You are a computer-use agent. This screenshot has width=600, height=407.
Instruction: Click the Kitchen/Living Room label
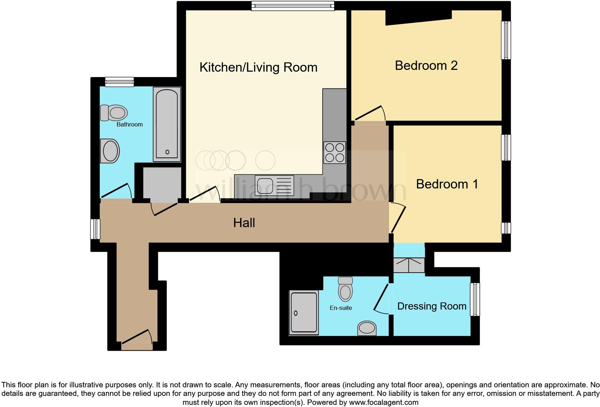click(258, 67)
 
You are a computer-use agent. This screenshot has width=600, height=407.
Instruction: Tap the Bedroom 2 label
click(426, 66)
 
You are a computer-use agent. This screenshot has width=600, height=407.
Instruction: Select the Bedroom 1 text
click(447, 184)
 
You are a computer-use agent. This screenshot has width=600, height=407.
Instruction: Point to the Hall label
click(244, 223)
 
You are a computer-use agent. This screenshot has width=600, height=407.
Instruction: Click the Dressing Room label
click(432, 306)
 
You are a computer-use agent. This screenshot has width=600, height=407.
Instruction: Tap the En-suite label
click(341, 308)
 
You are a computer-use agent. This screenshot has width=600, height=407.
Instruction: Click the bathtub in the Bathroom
click(167, 124)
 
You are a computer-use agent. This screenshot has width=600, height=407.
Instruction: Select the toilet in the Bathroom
click(114, 113)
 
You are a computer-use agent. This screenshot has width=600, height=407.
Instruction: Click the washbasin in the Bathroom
click(110, 151)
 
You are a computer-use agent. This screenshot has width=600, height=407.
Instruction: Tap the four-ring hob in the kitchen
click(334, 153)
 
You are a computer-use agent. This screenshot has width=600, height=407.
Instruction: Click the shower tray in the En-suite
click(304, 313)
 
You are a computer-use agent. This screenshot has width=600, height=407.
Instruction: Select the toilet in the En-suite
click(345, 289)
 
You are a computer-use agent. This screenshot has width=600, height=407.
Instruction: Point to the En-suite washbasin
click(367, 328)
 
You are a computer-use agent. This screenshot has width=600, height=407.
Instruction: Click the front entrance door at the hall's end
click(137, 339)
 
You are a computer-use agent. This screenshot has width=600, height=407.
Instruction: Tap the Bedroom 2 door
click(370, 114)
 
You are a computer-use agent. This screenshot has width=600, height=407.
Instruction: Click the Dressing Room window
click(475, 299)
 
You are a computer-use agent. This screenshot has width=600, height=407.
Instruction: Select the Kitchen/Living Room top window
click(292, 5)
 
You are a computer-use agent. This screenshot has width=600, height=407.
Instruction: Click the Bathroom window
click(119, 82)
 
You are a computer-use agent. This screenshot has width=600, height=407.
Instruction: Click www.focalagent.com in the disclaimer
click(384, 402)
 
